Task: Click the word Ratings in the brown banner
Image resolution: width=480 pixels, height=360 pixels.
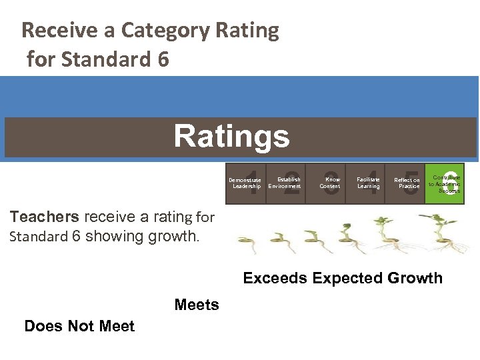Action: pos(231,137)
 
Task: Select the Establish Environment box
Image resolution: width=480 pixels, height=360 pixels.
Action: pos(286,183)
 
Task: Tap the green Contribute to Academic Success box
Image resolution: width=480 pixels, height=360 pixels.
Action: pos(444,183)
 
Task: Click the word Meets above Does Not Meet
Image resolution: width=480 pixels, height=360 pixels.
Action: pos(197,305)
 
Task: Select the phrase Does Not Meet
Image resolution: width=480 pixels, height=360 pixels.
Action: pos(79,326)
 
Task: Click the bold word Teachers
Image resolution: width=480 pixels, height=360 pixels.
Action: pos(44,216)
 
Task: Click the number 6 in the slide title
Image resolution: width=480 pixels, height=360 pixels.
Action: pos(163,60)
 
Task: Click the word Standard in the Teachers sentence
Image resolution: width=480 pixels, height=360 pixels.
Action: pos(39,236)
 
